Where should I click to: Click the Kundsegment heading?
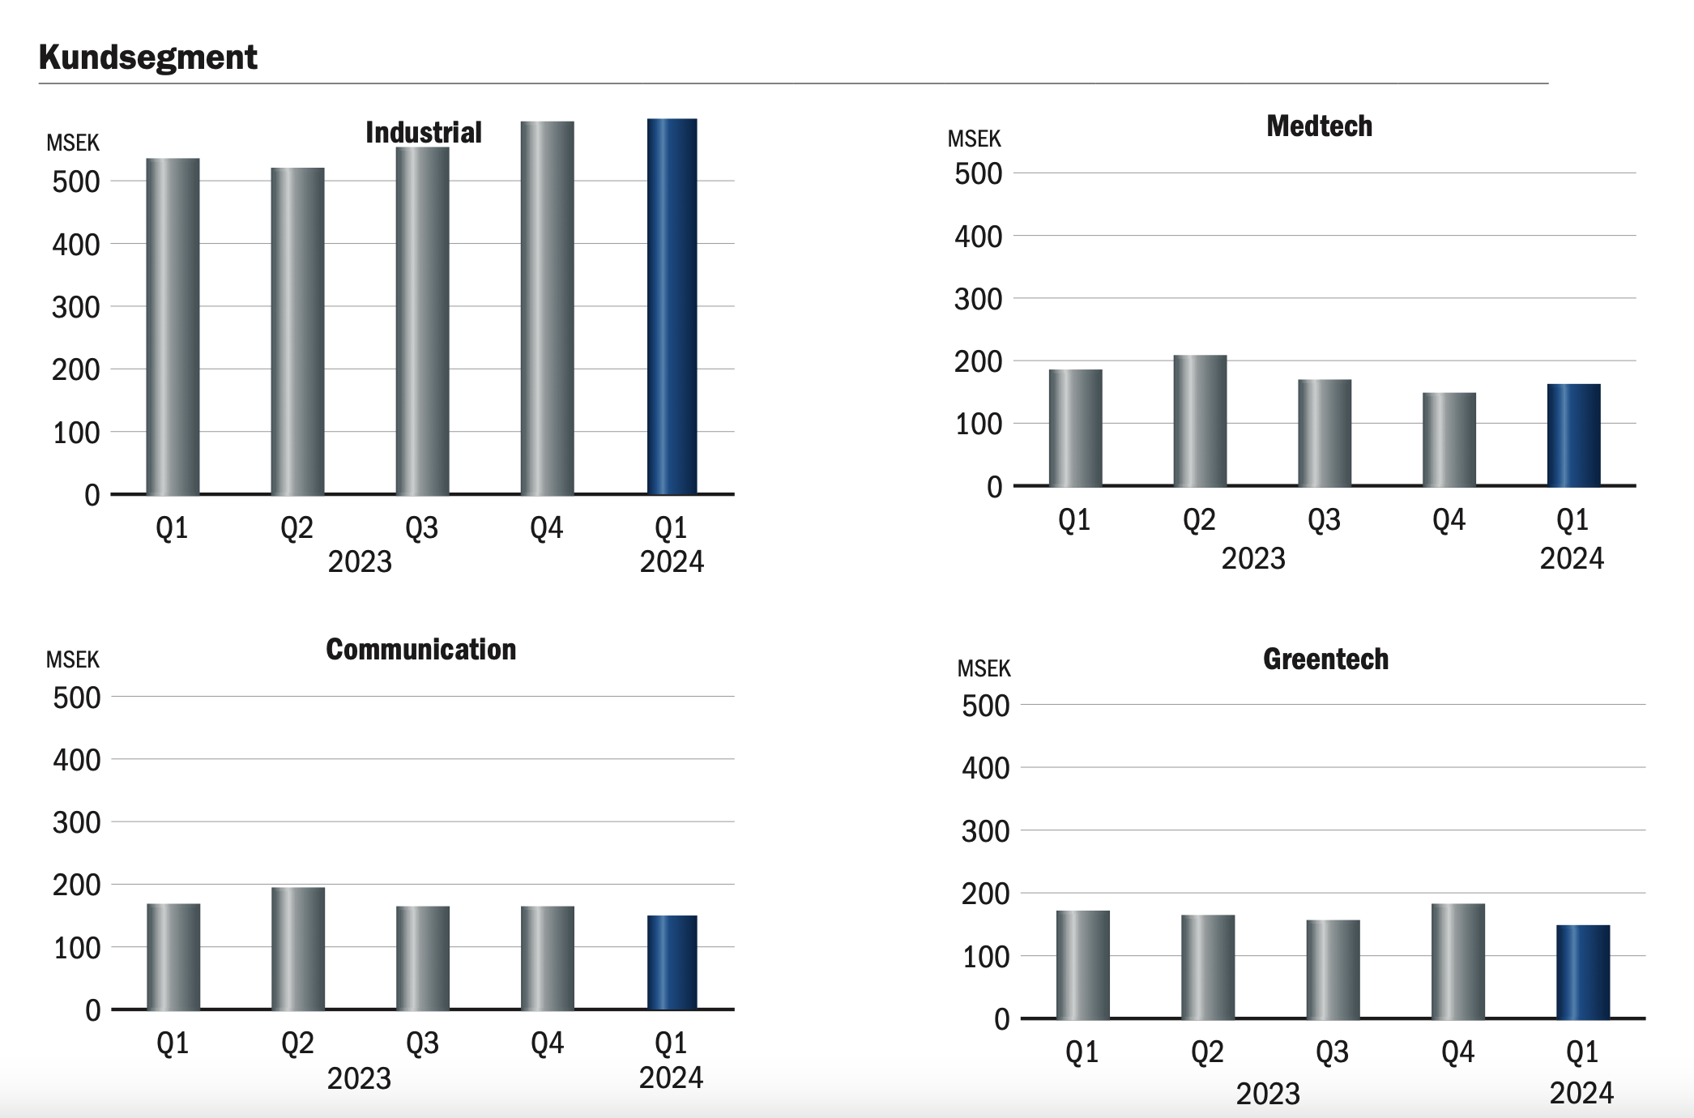147,58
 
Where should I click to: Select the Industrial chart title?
424,132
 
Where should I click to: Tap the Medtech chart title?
1320,126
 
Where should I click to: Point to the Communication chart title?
421,649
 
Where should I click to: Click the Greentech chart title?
1326,659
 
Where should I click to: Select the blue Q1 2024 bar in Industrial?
672,306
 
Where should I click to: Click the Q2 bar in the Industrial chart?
297,331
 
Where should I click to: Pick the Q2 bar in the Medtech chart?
1200,420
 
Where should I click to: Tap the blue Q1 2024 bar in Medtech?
1573,435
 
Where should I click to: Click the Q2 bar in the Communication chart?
298,949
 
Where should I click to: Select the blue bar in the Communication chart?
672,962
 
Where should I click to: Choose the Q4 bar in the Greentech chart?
1458,961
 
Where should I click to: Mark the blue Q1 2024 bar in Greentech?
1583,972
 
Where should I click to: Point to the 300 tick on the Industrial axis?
76,308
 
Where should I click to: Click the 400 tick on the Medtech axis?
978,237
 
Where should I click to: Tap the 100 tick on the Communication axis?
77,948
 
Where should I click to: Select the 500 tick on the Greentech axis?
985,706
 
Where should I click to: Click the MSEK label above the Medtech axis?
974,139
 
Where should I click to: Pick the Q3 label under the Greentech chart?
1332,1052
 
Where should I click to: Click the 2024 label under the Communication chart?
671,1078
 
